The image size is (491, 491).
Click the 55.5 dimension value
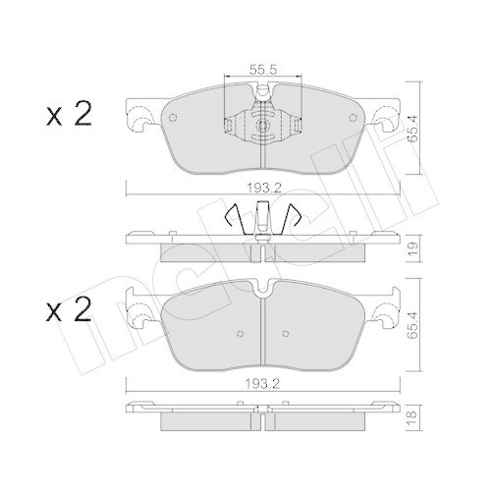click(263, 70)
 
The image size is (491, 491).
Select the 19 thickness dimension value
click(412, 249)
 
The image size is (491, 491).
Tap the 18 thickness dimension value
click(412, 415)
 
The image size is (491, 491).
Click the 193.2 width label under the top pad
click(264, 188)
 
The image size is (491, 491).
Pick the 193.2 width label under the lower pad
click(262, 384)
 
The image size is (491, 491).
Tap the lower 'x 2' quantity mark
click(69, 309)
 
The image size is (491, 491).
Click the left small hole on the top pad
click(173, 118)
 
